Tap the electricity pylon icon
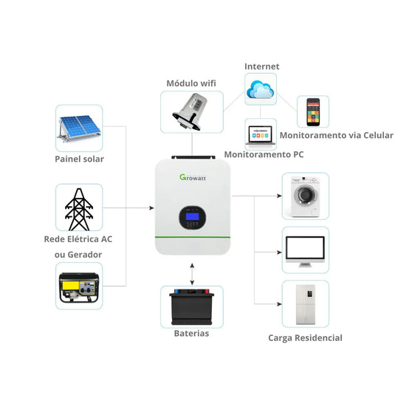click(x=79, y=209)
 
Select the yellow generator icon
click(x=79, y=287)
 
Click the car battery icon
click(x=192, y=307)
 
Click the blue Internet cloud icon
click(x=261, y=89)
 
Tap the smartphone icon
click(x=313, y=111)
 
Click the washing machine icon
click(x=305, y=196)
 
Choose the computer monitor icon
click(x=305, y=250)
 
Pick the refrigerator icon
click(x=305, y=304)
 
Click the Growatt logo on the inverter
click(x=193, y=177)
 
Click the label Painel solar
click(x=79, y=159)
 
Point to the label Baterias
click(x=191, y=334)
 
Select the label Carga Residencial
click(x=305, y=337)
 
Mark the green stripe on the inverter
click(x=192, y=237)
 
